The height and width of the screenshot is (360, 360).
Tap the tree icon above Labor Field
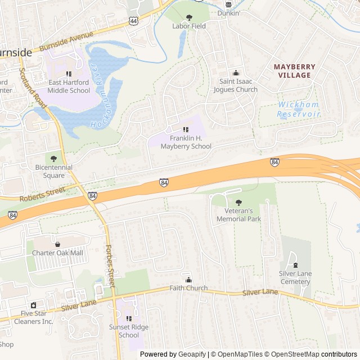coord(189,17)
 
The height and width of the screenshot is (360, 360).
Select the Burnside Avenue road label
coord(66,43)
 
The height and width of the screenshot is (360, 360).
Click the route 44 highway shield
coord(133,21)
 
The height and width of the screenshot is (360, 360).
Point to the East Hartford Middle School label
coord(69,86)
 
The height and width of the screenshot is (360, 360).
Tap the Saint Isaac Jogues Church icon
coord(236,73)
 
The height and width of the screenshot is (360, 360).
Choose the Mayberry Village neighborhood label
coord(295,71)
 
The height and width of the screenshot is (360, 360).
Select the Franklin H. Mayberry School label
coord(186,142)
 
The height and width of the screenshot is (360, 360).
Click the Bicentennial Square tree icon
coord(54,159)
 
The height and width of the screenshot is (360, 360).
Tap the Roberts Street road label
coord(42,195)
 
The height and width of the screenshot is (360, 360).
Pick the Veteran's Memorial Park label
coord(238,215)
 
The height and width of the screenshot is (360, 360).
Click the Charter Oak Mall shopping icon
coord(57,244)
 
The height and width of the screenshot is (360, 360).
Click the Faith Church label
coord(188,288)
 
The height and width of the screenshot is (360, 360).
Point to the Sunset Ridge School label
coord(129,331)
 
